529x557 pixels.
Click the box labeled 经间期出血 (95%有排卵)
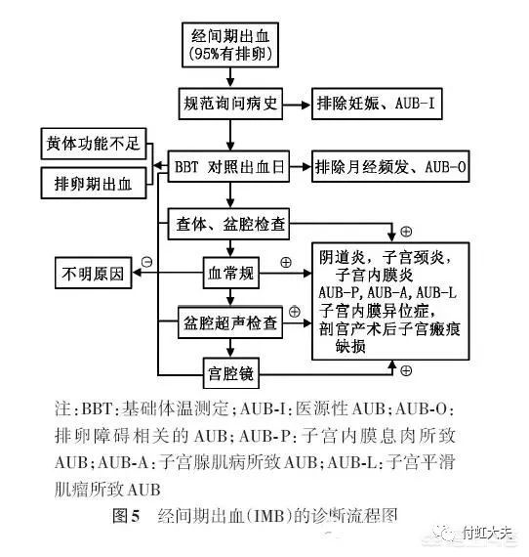point(230,45)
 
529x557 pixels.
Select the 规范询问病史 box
point(230,104)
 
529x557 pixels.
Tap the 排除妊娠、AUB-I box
point(377,104)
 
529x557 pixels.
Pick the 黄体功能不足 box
point(94,144)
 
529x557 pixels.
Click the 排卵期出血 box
point(94,184)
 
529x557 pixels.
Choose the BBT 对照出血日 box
point(228,166)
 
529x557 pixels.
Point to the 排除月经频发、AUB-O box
point(390,166)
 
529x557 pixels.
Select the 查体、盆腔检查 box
point(228,224)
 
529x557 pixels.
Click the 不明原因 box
point(94,273)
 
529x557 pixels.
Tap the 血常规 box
point(231,273)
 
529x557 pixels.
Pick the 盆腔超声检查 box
point(230,322)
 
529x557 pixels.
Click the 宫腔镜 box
point(231,373)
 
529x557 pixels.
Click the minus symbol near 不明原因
point(146,262)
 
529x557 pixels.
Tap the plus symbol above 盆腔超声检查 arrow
point(294,312)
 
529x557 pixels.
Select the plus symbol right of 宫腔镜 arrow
point(406,371)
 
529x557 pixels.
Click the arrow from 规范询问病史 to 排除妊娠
point(297,105)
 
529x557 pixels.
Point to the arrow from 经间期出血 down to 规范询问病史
point(230,77)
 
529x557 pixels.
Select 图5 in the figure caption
point(126,515)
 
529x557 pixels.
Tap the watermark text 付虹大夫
point(487,534)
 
